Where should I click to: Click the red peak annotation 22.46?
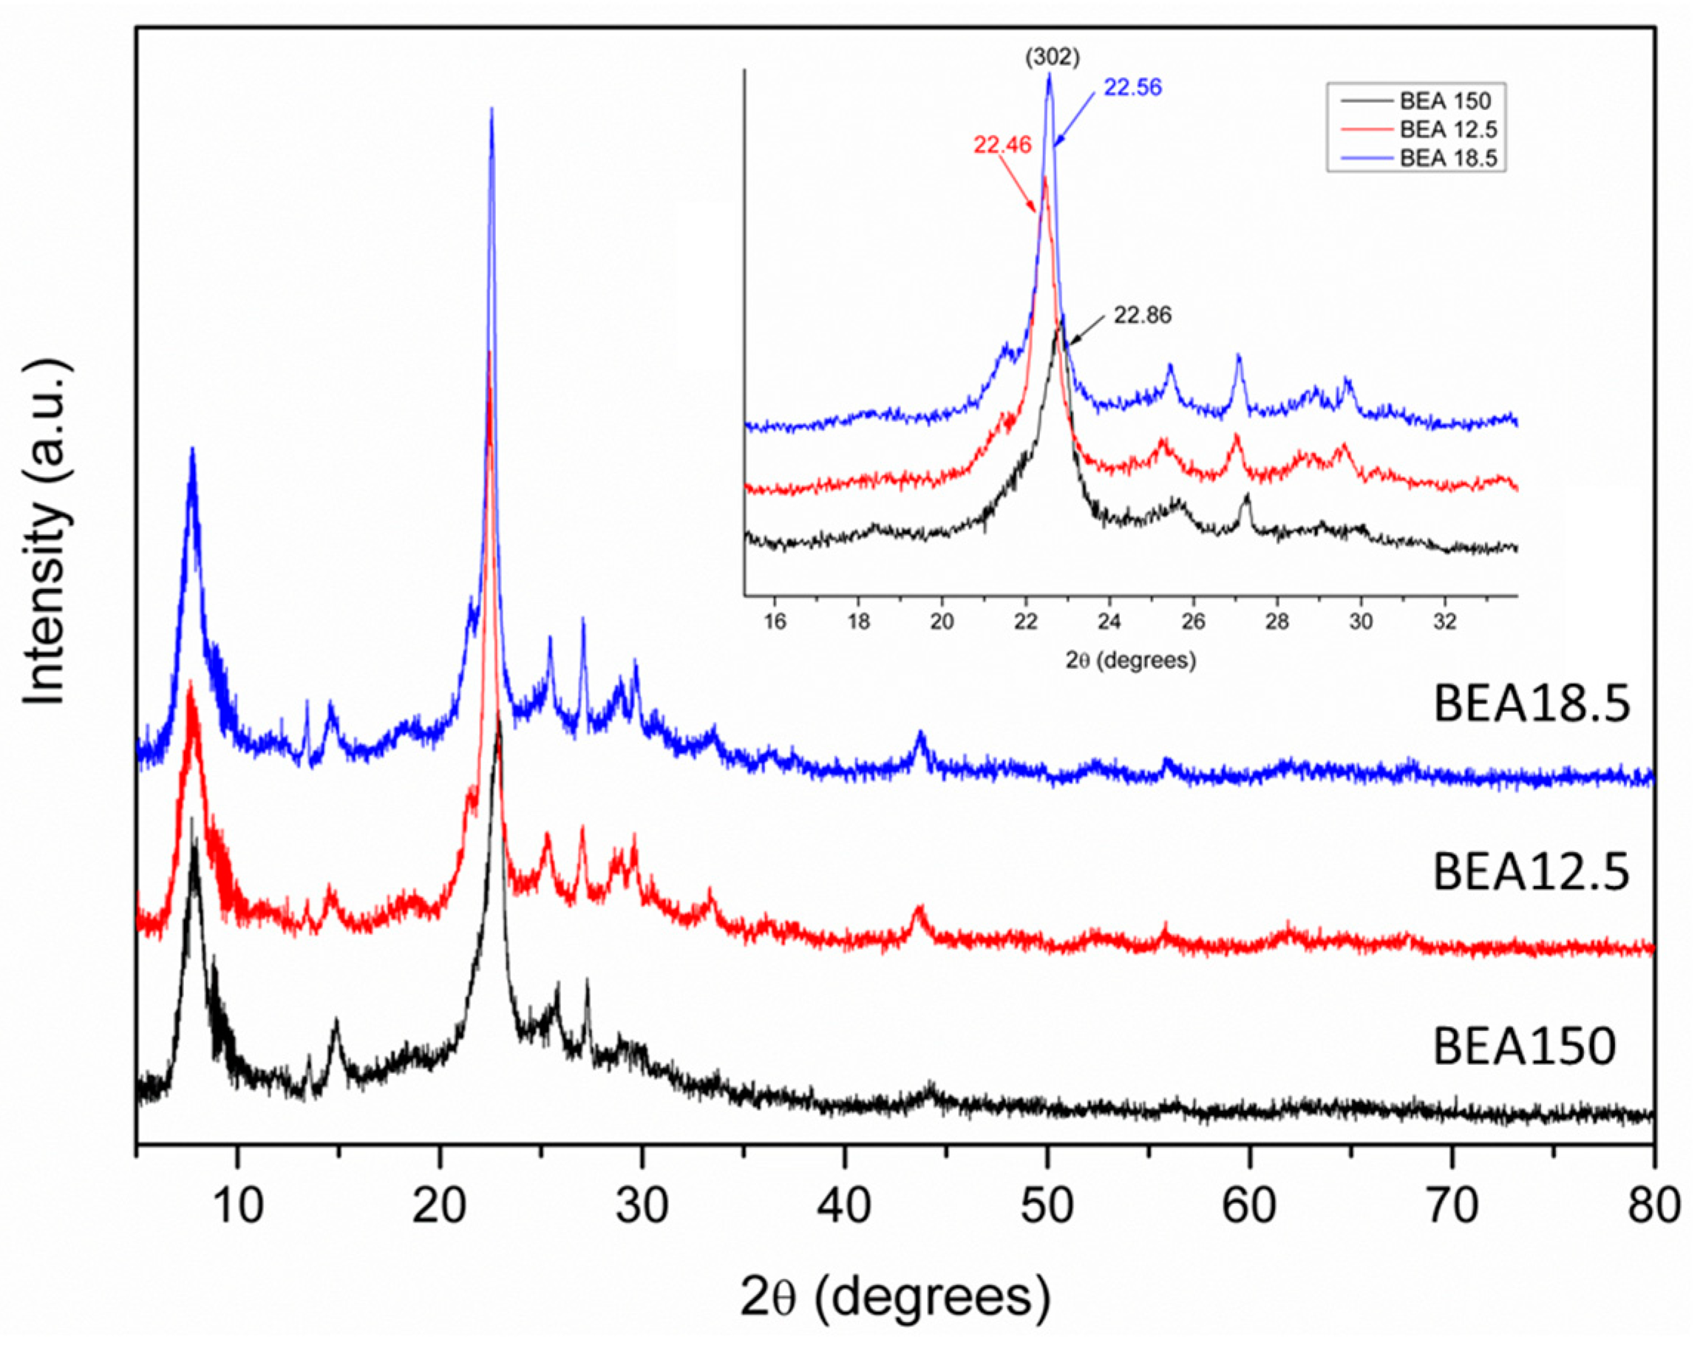click(x=1002, y=146)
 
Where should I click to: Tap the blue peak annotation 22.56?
click(x=1132, y=87)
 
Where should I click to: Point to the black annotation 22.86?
click(x=1142, y=316)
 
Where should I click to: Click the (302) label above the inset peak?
click(x=1052, y=58)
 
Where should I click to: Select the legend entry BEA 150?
click(x=1444, y=101)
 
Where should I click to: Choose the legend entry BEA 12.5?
click(x=1447, y=130)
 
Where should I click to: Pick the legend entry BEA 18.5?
click(x=1447, y=157)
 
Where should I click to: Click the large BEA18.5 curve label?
click(x=1532, y=703)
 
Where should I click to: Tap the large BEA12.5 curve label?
click(x=1532, y=871)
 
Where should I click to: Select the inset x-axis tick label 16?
click(x=775, y=622)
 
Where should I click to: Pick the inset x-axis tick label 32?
click(x=1445, y=622)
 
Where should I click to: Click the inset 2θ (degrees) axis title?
click(x=1130, y=660)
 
